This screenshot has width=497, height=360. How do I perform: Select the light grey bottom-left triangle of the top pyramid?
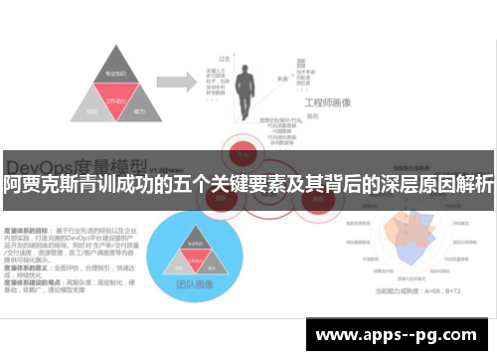91,112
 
